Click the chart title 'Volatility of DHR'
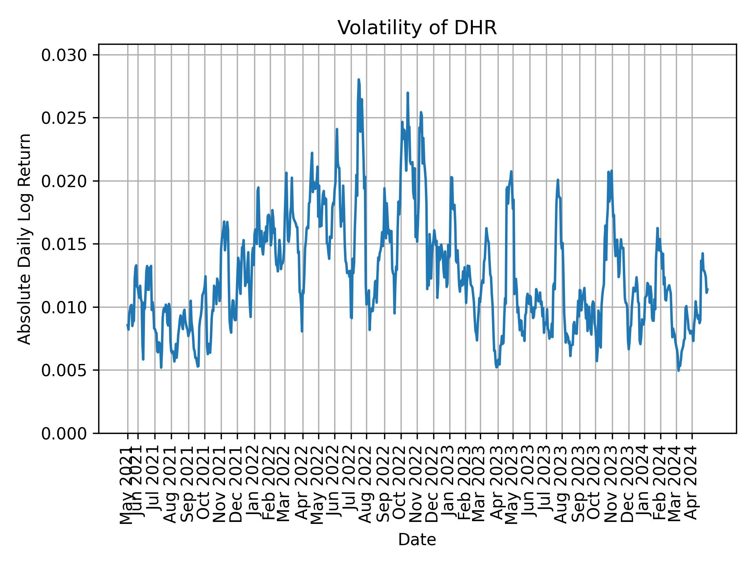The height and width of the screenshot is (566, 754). (417, 28)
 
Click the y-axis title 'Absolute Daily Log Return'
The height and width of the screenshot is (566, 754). (25, 239)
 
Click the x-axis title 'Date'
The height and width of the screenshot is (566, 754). (417, 540)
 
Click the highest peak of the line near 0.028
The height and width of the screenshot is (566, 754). (359, 80)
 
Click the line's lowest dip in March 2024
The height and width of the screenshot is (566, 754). (678, 370)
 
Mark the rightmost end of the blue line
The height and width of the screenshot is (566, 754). (707, 289)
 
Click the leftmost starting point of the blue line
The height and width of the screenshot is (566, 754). (127, 325)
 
